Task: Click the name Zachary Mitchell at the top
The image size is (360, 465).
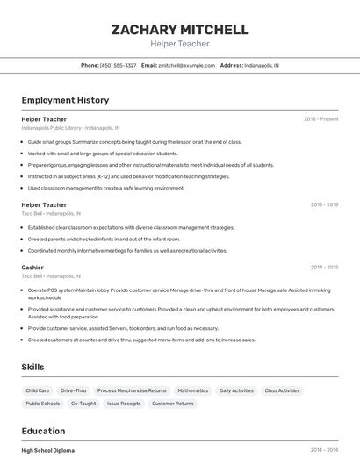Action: pyautogui.click(x=179, y=29)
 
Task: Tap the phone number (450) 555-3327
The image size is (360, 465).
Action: pyautogui.click(x=118, y=65)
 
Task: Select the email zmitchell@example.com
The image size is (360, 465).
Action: pyautogui.click(x=186, y=65)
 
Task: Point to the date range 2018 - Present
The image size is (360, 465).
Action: pyautogui.click(x=320, y=118)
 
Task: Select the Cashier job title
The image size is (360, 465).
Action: pyautogui.click(x=32, y=267)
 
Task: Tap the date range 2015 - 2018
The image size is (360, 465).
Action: pyautogui.click(x=324, y=204)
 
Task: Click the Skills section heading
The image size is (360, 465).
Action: pyautogui.click(x=32, y=367)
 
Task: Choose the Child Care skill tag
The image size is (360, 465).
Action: pyautogui.click(x=38, y=390)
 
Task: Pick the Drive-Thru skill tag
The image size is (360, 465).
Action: pyautogui.click(x=74, y=390)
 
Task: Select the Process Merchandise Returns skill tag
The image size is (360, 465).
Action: pyautogui.click(x=132, y=390)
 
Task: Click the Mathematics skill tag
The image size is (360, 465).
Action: pyautogui.click(x=192, y=390)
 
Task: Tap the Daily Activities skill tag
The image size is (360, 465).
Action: pyautogui.click(x=236, y=390)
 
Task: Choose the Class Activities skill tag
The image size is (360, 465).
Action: pyautogui.click(x=282, y=390)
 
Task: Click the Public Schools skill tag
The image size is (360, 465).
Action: pyautogui.click(x=43, y=404)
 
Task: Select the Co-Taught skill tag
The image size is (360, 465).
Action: pyautogui.click(x=83, y=404)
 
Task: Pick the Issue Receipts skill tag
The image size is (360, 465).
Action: pyautogui.click(x=124, y=404)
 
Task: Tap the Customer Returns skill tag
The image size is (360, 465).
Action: pyautogui.click(x=173, y=404)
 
